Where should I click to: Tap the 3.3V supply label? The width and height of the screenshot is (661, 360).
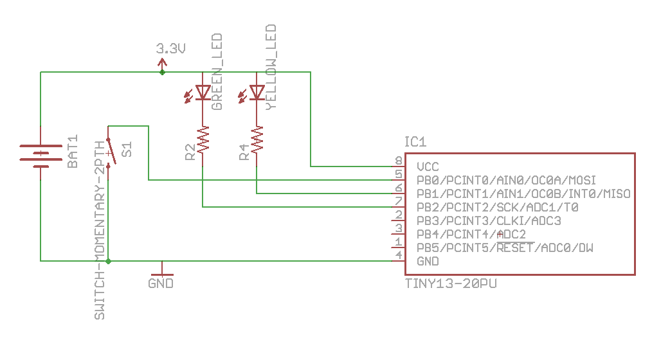click(170, 48)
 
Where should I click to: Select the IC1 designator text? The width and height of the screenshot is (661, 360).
click(415, 142)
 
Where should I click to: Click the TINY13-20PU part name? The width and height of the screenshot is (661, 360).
click(451, 283)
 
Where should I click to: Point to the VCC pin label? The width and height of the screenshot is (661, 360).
click(428, 166)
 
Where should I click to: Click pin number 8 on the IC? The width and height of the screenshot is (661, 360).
click(399, 161)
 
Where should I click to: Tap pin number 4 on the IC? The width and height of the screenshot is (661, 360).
click(399, 256)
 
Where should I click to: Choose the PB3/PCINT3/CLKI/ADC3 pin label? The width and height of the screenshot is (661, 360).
click(489, 221)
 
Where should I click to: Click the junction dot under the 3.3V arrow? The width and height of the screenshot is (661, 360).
click(162, 72)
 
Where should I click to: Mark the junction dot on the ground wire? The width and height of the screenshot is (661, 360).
click(108, 261)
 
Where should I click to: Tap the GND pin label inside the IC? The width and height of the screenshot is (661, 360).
click(428, 261)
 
